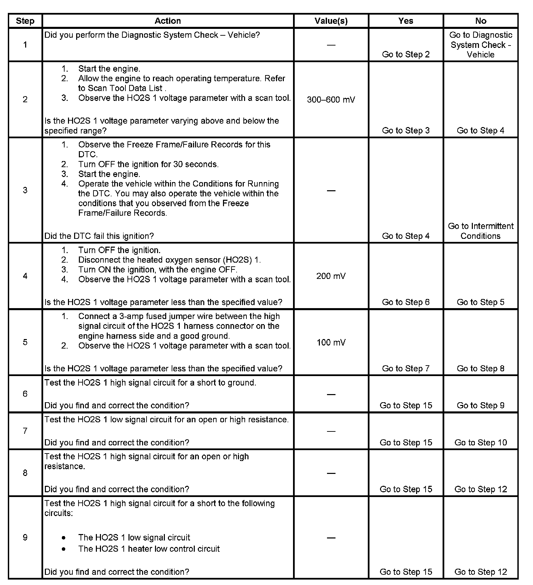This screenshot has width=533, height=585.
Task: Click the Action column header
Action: point(168,21)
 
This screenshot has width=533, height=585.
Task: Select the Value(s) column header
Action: point(331,21)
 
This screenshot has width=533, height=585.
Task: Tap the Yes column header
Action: point(406,21)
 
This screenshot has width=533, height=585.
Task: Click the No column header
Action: point(481,21)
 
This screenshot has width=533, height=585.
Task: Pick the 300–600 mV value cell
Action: point(331,100)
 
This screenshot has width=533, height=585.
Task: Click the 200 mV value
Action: point(331,276)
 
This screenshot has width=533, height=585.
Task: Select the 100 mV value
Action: point(331,342)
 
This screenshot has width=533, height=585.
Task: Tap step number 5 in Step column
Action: point(25,342)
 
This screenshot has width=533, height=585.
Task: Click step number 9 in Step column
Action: point(25,537)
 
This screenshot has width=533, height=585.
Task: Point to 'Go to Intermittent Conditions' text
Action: point(481,231)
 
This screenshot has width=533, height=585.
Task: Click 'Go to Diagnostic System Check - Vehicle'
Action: point(481,45)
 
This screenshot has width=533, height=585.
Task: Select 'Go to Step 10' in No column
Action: point(481,443)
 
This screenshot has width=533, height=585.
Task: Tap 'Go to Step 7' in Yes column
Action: point(406,369)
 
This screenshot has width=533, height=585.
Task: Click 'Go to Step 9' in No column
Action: point(481,406)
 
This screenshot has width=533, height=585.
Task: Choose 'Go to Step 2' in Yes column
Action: point(406,55)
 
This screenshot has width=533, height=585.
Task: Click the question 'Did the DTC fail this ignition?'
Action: point(99,236)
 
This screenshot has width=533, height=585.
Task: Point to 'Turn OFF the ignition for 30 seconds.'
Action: point(148,164)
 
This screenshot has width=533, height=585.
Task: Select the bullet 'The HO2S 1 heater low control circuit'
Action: point(149,549)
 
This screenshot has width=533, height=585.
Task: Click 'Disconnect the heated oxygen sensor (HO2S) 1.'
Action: point(169,260)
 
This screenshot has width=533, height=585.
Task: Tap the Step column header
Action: point(25,21)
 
